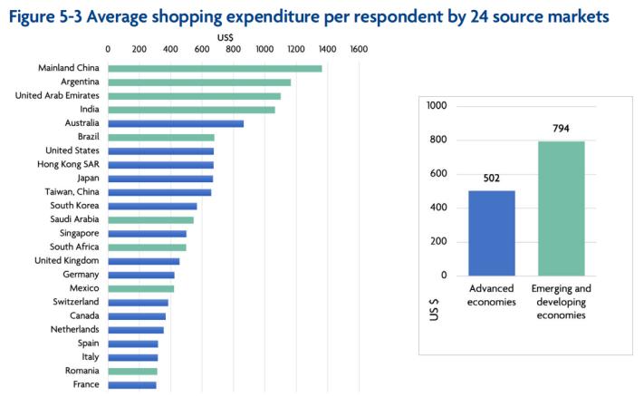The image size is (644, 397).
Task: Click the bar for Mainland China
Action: pyautogui.click(x=215, y=68)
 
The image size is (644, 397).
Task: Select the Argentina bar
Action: pyautogui.click(x=199, y=82)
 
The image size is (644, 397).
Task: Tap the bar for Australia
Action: pyautogui.click(x=176, y=123)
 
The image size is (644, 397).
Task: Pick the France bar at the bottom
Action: pyautogui.click(x=132, y=385)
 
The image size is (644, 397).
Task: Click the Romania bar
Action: pyautogui.click(x=132, y=371)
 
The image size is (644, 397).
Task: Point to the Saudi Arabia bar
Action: pyautogui.click(x=150, y=219)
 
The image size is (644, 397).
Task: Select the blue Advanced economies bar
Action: pyautogui.click(x=492, y=233)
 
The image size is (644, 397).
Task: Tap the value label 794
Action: pyautogui.click(x=561, y=129)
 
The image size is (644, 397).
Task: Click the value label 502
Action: pyautogui.click(x=492, y=179)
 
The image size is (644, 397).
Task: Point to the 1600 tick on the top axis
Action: pyautogui.click(x=359, y=49)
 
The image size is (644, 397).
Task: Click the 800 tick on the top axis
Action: pyautogui.click(x=234, y=49)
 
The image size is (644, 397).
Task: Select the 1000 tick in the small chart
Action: pyautogui.click(x=437, y=106)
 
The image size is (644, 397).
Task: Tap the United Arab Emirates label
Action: pyautogui.click(x=57, y=96)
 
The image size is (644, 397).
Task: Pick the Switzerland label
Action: pyautogui.click(x=77, y=302)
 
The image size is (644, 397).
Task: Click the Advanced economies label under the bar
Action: pyautogui.click(x=491, y=295)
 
